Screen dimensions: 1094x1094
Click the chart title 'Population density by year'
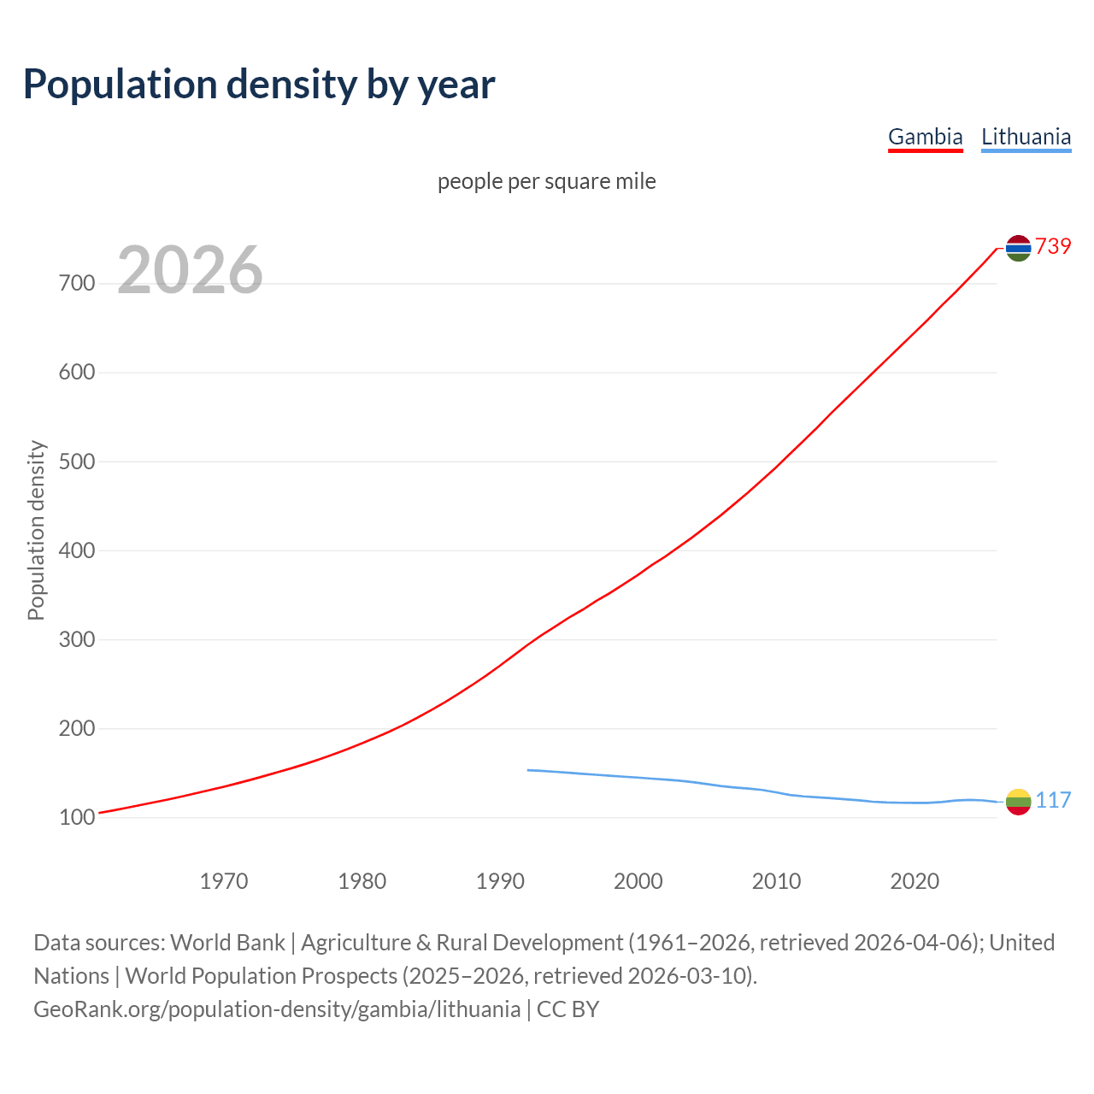259,84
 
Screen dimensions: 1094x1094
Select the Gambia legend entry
925,137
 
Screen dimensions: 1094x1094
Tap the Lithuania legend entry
1026,137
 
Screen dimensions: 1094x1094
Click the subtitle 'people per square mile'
547,181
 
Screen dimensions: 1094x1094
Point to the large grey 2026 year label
190,270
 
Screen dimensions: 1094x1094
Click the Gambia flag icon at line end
1018,248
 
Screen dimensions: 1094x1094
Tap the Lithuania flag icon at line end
1018,802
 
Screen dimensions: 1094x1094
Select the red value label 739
1053,246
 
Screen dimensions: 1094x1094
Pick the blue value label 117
1053,800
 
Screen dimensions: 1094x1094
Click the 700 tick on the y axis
77,283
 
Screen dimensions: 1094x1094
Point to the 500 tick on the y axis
77,462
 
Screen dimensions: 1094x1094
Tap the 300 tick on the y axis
77,639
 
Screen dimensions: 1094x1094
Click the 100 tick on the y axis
77,818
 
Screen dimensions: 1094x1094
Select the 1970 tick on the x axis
224,880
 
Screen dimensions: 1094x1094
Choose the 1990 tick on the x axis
500,880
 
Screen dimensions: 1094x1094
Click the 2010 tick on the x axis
776,880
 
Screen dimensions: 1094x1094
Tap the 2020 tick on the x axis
915,880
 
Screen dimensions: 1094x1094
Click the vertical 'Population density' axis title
36,530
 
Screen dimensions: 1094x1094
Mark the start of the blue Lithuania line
528,770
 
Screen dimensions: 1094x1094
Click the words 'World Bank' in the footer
227,943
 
